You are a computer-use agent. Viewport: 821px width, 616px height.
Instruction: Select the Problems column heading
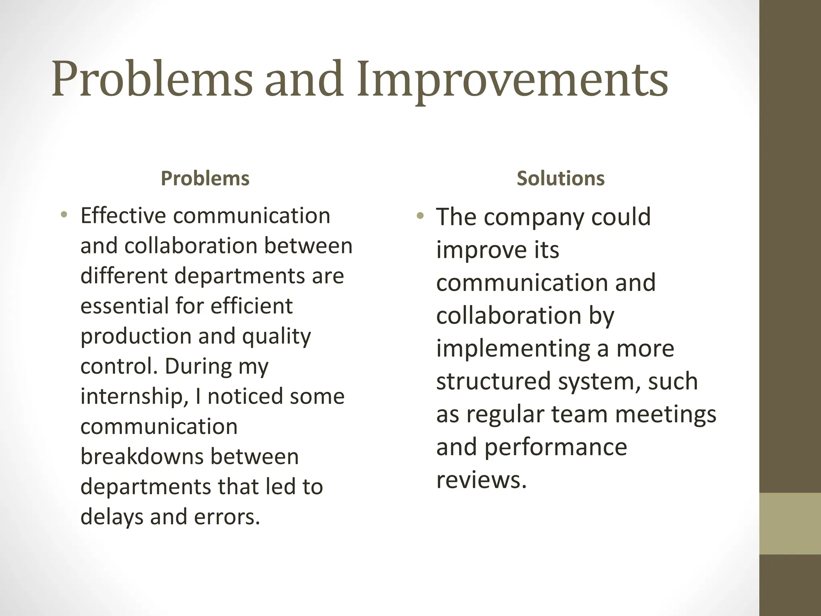pyautogui.click(x=205, y=178)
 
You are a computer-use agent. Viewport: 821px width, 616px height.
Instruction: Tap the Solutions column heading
pyautogui.click(x=560, y=178)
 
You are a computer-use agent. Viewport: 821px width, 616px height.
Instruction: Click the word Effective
pyautogui.click(x=123, y=216)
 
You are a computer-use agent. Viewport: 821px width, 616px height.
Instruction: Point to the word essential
pyautogui.click(x=124, y=306)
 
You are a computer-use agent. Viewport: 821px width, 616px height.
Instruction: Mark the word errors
pyautogui.click(x=227, y=517)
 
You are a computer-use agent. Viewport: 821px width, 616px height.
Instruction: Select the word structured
pyautogui.click(x=493, y=381)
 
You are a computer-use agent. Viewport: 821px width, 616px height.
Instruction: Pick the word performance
pyautogui.click(x=556, y=447)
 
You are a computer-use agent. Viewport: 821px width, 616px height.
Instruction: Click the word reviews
pyautogui.click(x=481, y=480)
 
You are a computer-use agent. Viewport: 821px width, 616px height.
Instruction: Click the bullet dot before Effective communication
pyautogui.click(x=63, y=215)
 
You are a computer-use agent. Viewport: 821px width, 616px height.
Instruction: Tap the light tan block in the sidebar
pyautogui.click(x=790, y=523)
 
